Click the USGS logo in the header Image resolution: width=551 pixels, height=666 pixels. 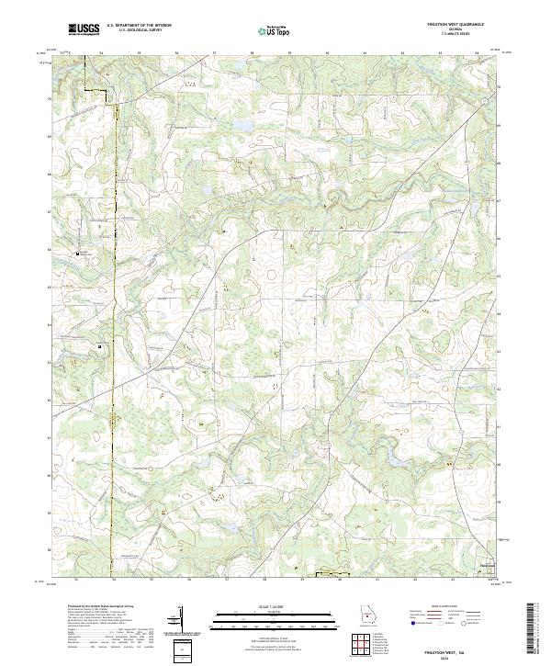pyautogui.click(x=84, y=30)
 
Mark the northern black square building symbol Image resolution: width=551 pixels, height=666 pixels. pyautogui.click(x=77, y=253)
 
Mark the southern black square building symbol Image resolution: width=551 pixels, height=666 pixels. pyautogui.click(x=100, y=346)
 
